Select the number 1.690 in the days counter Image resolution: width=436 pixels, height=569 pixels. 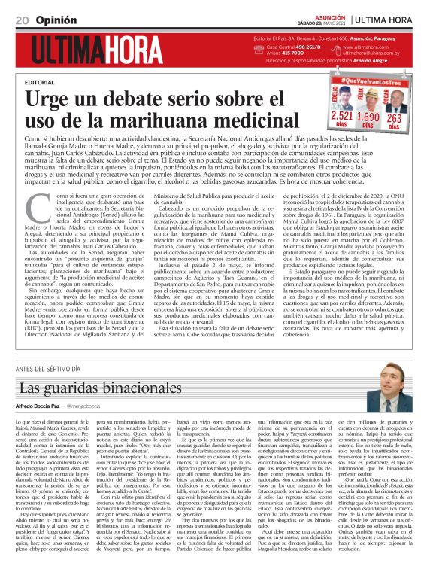click(x=368, y=117)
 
